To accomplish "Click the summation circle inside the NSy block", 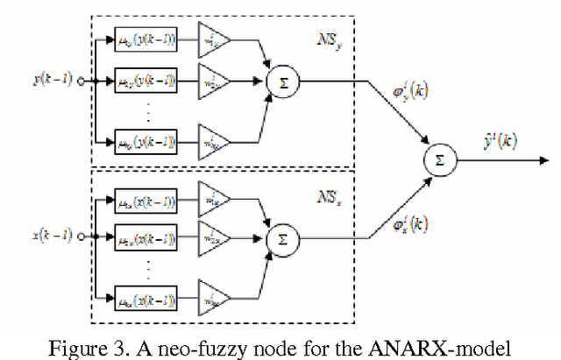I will tap(282, 81).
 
